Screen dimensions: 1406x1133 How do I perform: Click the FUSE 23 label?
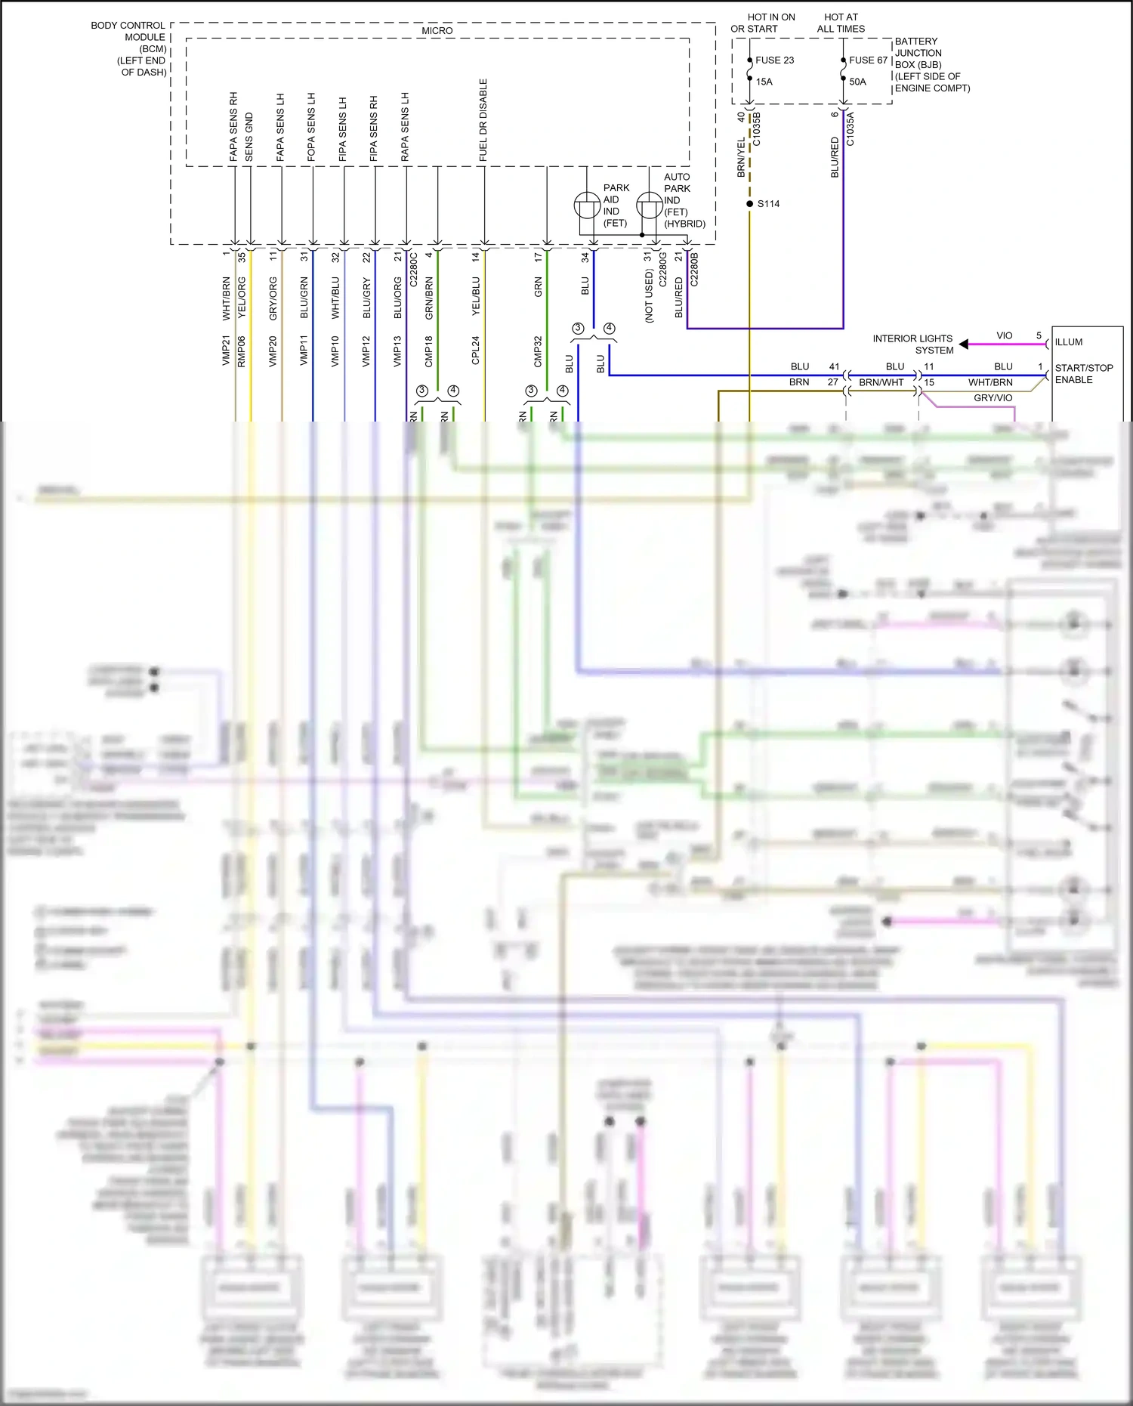[x=774, y=60]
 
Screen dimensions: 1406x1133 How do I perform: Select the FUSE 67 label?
[x=868, y=60]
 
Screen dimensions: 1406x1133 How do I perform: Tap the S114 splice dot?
[x=749, y=204]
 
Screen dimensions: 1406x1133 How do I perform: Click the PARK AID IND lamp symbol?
[x=587, y=205]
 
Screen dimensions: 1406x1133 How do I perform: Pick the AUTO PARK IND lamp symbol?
[x=649, y=205]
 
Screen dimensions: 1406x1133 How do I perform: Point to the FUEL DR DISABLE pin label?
[x=483, y=120]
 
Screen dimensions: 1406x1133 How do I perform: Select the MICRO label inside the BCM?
[x=437, y=31]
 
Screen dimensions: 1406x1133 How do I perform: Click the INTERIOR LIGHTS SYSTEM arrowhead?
[x=963, y=345]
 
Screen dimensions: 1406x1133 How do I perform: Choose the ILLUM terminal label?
[x=1069, y=342]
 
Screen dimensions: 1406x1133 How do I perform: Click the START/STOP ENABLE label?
[x=1083, y=374]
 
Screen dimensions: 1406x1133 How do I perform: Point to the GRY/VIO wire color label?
[x=993, y=398]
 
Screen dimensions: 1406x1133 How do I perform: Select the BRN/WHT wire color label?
[x=881, y=383]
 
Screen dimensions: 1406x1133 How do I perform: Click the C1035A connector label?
[x=850, y=128]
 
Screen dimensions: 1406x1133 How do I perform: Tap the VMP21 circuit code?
[x=226, y=351]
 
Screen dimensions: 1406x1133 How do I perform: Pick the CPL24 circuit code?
[x=476, y=351]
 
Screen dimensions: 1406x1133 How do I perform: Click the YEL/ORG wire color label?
[x=242, y=297]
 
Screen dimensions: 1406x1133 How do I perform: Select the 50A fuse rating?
[x=857, y=82]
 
